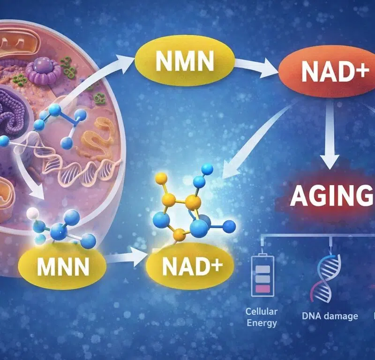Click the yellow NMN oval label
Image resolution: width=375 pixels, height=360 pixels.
(x=185, y=61)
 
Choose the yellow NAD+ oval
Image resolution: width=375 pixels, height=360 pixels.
(x=190, y=265)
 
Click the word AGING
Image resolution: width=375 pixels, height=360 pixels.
(x=331, y=196)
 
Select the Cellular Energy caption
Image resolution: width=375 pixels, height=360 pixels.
(x=262, y=317)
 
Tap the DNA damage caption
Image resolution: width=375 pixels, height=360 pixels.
(x=330, y=316)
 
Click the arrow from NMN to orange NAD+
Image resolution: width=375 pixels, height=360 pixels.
(x=256, y=67)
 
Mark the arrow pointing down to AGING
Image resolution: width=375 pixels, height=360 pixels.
(x=330, y=134)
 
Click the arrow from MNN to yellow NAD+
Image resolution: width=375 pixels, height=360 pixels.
(x=126, y=258)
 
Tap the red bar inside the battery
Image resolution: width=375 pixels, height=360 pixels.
(x=262, y=288)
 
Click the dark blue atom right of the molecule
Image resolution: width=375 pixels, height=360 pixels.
(x=229, y=226)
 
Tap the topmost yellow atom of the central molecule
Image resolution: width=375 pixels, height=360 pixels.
(x=161, y=179)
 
